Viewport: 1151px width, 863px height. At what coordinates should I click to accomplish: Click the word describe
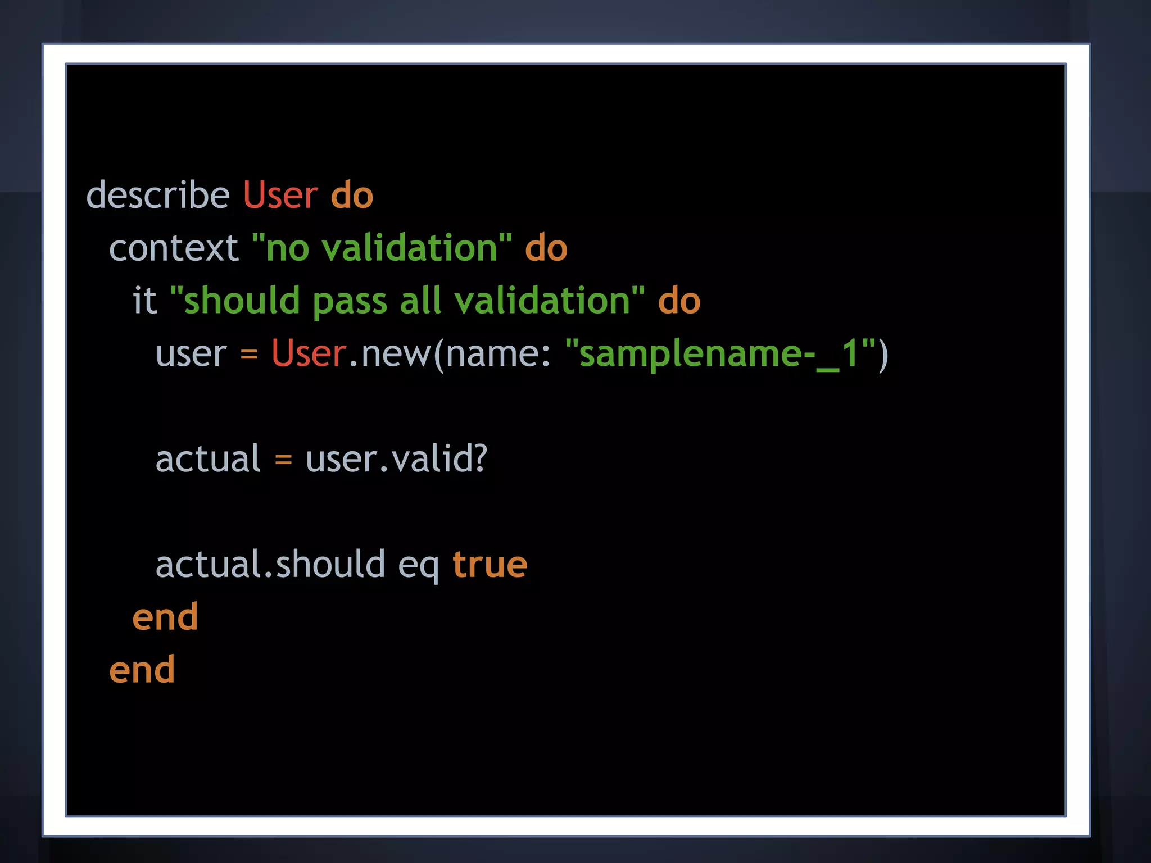point(158,195)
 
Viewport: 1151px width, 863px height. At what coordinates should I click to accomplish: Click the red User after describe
point(280,195)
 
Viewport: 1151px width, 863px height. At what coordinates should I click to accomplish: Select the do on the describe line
point(352,195)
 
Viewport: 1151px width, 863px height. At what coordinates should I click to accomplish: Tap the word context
point(174,248)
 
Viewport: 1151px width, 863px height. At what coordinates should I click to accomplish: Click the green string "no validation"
point(382,248)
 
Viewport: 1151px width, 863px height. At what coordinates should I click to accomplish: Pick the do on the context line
point(546,248)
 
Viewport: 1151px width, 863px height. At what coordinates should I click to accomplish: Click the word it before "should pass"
point(144,301)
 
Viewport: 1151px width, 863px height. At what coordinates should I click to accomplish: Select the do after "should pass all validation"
point(679,301)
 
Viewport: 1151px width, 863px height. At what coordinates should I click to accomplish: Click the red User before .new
point(309,353)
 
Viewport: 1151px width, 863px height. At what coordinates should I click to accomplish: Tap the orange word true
point(490,564)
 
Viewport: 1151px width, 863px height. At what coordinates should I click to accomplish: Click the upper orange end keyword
point(165,617)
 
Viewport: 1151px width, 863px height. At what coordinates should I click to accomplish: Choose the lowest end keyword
point(142,670)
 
